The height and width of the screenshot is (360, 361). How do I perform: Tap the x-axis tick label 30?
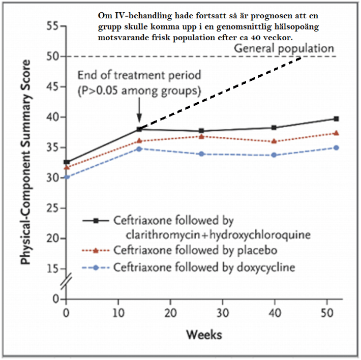(x=223, y=313)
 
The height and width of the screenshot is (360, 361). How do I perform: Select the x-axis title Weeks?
(x=204, y=335)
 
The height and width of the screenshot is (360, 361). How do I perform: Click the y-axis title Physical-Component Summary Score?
(x=25, y=162)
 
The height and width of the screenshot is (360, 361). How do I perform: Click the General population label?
(x=284, y=49)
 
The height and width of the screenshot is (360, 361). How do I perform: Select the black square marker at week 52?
(x=336, y=119)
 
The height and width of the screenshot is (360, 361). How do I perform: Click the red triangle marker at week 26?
(x=201, y=136)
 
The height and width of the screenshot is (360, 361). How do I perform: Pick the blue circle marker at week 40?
(x=274, y=155)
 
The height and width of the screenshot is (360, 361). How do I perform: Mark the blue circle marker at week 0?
(x=67, y=177)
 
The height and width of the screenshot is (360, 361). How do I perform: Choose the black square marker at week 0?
(x=67, y=162)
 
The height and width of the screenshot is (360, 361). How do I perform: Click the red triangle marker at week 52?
(x=336, y=133)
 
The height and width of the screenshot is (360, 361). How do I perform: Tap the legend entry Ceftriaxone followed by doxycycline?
(x=204, y=267)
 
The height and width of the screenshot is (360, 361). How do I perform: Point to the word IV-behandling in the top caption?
(x=139, y=16)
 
